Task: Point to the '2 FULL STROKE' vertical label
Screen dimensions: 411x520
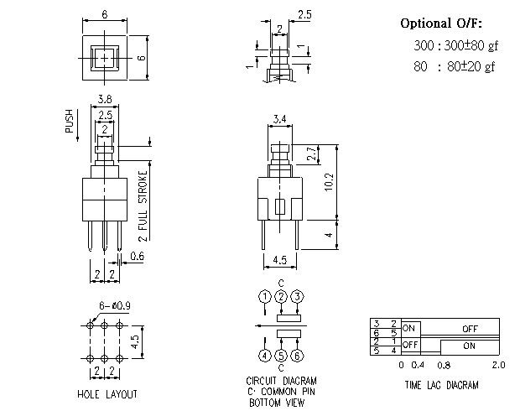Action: (x=143, y=206)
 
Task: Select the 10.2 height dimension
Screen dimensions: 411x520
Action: (x=329, y=181)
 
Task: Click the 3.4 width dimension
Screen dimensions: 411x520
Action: (x=279, y=120)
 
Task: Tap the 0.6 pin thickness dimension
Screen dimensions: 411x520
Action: (x=137, y=257)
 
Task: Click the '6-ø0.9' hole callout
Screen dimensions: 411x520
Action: (x=106, y=305)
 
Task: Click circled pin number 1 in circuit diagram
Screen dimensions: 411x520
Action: (x=264, y=297)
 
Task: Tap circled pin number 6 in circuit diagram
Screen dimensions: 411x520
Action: (x=298, y=356)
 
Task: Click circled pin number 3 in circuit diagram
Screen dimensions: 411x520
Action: (x=298, y=297)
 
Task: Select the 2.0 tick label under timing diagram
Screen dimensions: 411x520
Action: (x=498, y=365)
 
